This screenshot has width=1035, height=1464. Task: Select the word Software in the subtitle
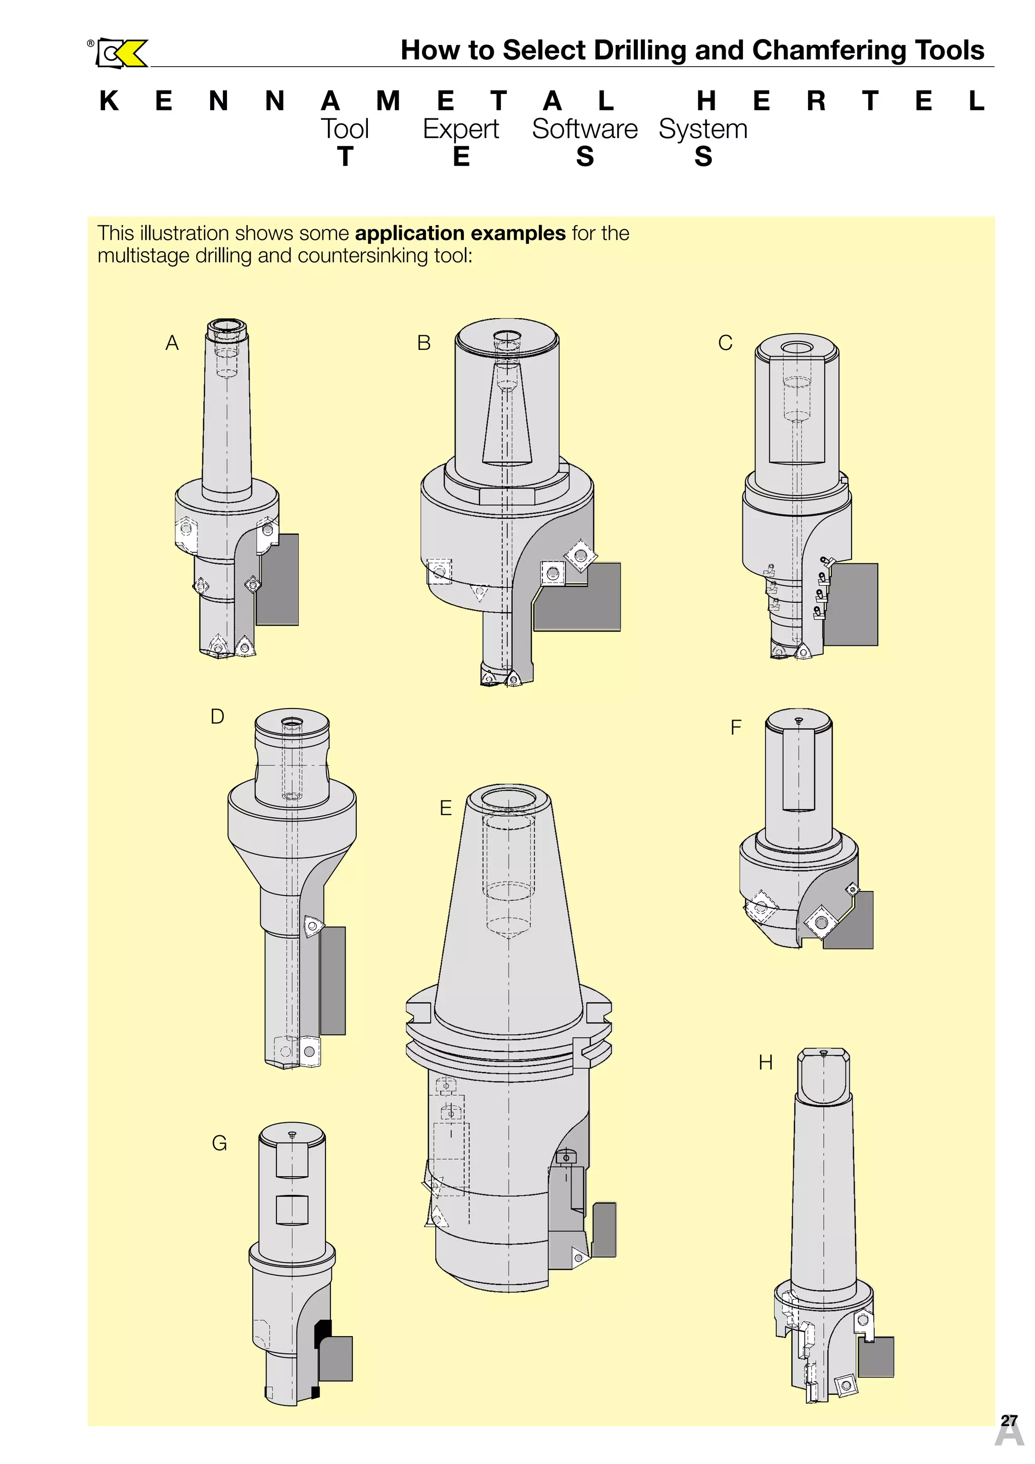[x=584, y=129]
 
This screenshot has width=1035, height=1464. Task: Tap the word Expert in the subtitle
[x=460, y=129]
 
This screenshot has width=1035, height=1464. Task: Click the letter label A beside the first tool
[x=172, y=343]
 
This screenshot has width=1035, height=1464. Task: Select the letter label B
[x=424, y=343]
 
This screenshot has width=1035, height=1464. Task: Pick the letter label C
[x=725, y=343]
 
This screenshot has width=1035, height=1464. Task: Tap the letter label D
[x=217, y=717]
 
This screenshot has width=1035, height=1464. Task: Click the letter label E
[x=445, y=809]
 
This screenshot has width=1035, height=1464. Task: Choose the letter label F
[x=736, y=728]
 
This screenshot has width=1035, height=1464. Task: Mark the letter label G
[x=219, y=1143]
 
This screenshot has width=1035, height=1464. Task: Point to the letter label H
[x=766, y=1063]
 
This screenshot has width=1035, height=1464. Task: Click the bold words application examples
[x=460, y=233]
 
